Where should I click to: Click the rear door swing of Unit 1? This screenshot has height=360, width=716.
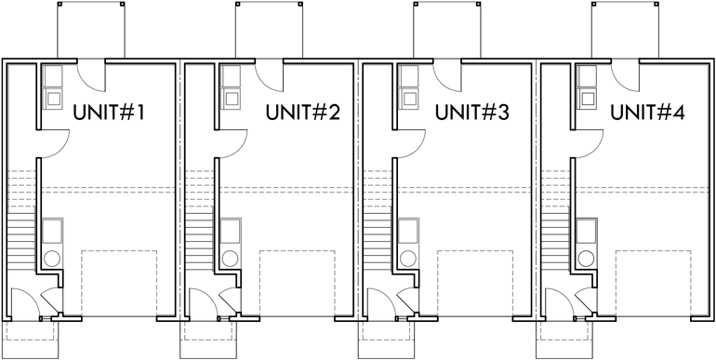click(90, 73)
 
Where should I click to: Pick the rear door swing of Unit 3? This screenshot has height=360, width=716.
click(446, 73)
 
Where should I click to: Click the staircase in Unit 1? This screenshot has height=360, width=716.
click(21, 239)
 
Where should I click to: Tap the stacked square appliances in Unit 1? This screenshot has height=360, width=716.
click(52, 86)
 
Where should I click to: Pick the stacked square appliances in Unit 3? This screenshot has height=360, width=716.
click(407, 86)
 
